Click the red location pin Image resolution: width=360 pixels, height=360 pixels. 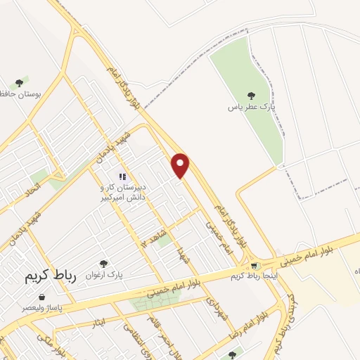coord(181,166)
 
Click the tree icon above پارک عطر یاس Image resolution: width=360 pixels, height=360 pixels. coord(251,96)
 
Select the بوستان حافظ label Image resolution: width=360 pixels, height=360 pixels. coord(24,93)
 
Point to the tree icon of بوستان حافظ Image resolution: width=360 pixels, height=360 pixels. coord(25,81)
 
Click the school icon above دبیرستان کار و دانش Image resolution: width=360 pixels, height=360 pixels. coord(122,176)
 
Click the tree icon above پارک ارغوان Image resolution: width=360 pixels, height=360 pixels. coord(104,263)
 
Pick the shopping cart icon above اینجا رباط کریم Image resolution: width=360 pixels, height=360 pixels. coord(253,265)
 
